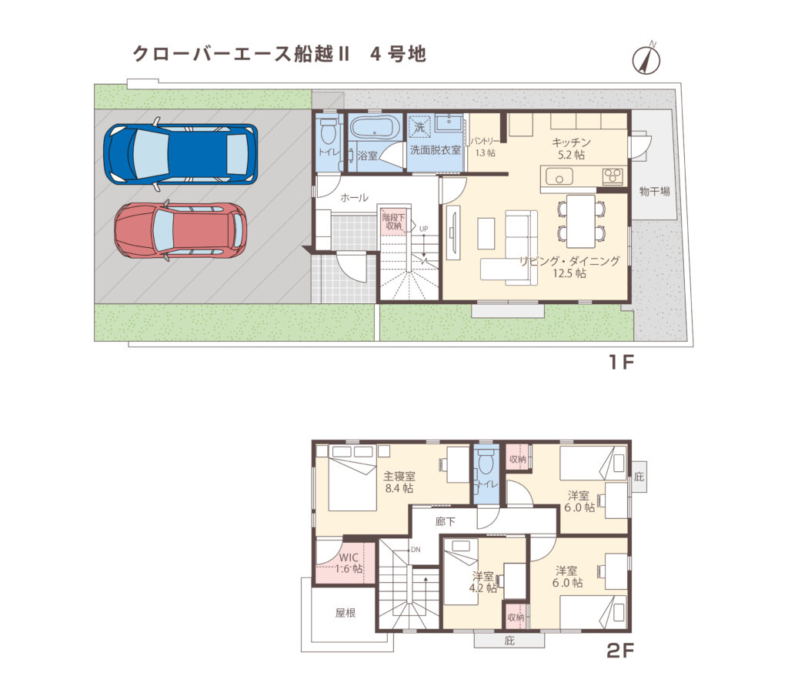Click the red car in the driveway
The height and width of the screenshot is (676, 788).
[x=180, y=229]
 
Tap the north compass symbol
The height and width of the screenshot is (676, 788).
[x=647, y=59]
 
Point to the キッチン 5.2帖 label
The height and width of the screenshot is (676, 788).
[x=570, y=148]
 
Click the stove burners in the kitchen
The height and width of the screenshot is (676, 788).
[x=613, y=176]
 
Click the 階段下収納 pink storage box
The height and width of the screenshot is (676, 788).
[x=392, y=222]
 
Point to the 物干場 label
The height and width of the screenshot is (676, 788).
[x=654, y=191]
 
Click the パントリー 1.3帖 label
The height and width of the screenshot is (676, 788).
[x=486, y=147]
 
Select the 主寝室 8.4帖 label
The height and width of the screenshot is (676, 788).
[x=399, y=481]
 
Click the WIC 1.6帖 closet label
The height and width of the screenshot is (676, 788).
[x=349, y=563]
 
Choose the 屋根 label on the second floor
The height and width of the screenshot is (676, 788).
[x=344, y=614]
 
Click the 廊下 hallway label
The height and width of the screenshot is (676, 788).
[x=445, y=521]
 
